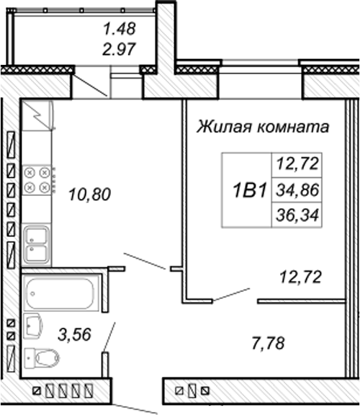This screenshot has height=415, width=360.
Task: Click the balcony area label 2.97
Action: pyautogui.click(x=120, y=49)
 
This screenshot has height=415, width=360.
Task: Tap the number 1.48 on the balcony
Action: pyautogui.click(x=120, y=29)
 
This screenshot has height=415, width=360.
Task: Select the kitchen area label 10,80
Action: pyautogui.click(x=89, y=195)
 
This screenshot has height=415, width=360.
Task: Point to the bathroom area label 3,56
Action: pyautogui.click(x=74, y=334)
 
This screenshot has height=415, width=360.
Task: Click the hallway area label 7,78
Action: pyautogui.click(x=268, y=343)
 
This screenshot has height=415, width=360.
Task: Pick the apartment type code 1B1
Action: pyautogui.click(x=249, y=190)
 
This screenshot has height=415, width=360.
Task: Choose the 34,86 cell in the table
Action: pyautogui.click(x=297, y=190)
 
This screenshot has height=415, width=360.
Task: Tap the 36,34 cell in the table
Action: pyautogui.click(x=297, y=215)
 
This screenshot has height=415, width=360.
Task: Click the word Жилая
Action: pyautogui.click(x=224, y=127)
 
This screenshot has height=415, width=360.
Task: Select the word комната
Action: pyautogui.click(x=293, y=128)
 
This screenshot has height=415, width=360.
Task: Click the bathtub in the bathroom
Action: pyautogui.click(x=61, y=293)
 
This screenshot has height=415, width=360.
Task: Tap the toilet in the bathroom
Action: pyautogui.click(x=42, y=358)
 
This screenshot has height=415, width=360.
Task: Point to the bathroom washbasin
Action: pyautogui.click(x=33, y=326)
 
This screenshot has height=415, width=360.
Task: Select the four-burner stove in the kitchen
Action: pyautogui.click(x=37, y=180)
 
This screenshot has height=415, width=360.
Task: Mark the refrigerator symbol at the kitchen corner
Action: pyautogui.click(x=37, y=115)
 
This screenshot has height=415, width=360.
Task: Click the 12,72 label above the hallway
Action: pyautogui.click(x=300, y=277)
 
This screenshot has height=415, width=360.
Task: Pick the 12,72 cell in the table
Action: pyautogui.click(x=297, y=164)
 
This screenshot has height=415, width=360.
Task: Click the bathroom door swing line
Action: pyautogui.click(x=109, y=336)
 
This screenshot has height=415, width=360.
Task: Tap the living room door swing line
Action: pyautogui.click(x=231, y=294)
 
